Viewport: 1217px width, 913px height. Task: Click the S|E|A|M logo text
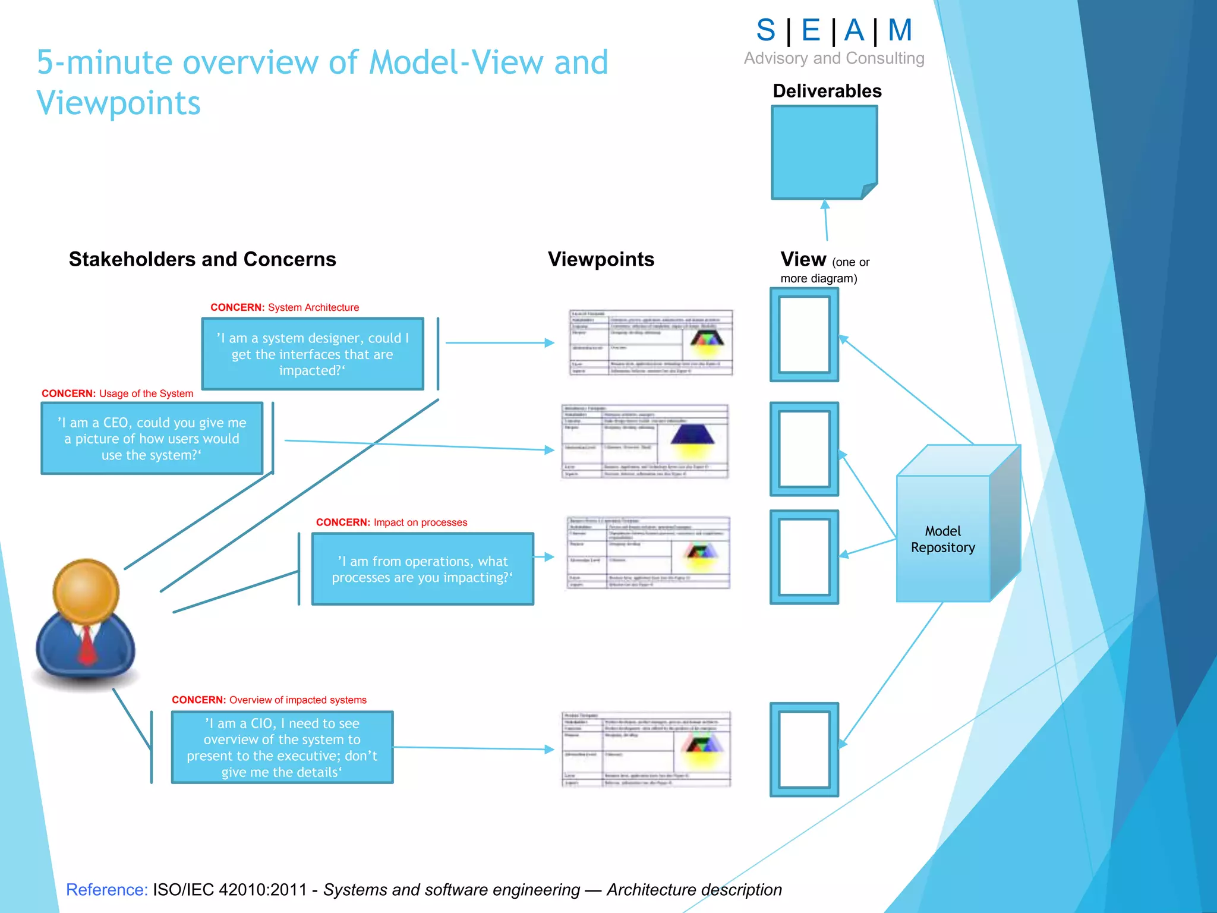[834, 30]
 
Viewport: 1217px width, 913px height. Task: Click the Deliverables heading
[827, 91]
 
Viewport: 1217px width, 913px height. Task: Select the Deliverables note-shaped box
[824, 152]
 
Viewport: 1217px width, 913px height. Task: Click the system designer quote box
[313, 354]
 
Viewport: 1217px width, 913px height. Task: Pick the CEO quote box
[152, 439]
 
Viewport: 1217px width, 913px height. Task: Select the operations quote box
[423, 569]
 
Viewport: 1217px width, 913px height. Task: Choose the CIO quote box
[282, 747]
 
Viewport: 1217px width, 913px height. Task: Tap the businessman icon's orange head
[86, 592]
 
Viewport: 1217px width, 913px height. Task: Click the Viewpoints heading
[601, 259]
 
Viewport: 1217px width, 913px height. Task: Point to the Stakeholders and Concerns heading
[202, 259]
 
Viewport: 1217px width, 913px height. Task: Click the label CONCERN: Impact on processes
[392, 522]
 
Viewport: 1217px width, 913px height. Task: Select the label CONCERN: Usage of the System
[117, 393]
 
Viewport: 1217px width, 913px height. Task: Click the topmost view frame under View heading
[804, 335]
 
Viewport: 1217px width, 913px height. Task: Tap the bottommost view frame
[804, 749]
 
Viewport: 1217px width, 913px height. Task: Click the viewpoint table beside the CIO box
[646, 749]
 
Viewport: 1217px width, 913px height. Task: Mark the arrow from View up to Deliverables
[825, 220]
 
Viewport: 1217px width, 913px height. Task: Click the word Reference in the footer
[107, 889]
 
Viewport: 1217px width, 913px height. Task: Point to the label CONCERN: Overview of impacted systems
[269, 700]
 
